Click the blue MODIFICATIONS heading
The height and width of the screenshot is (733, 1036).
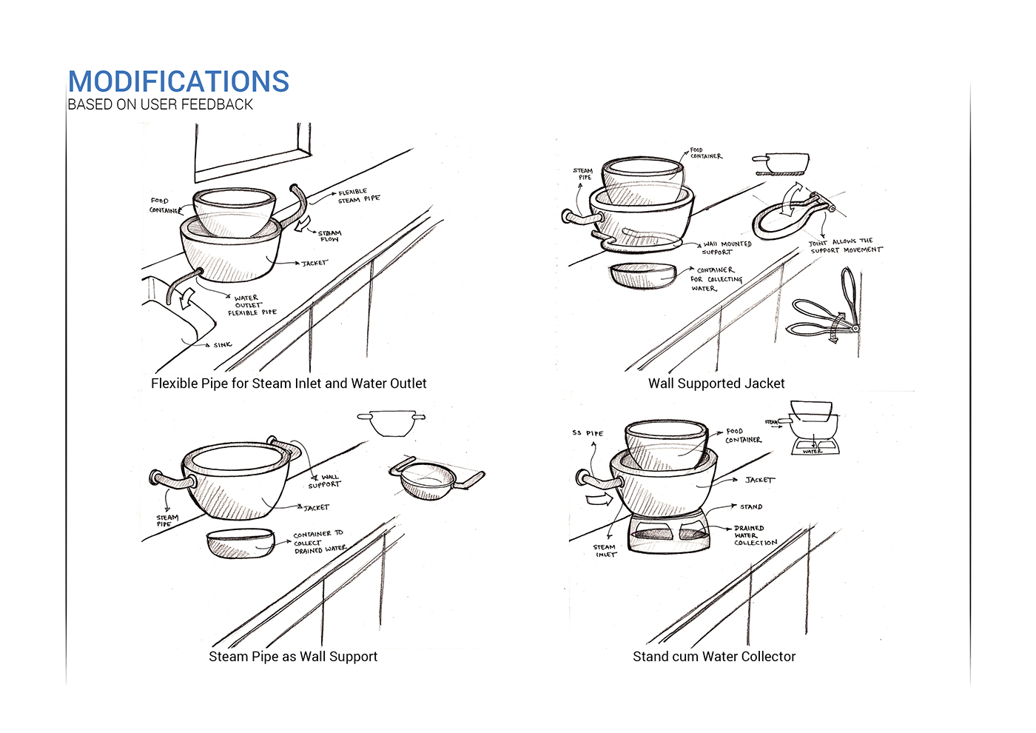coord(178,81)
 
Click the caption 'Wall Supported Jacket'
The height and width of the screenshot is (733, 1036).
coord(716,384)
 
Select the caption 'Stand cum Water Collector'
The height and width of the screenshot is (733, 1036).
coord(714,657)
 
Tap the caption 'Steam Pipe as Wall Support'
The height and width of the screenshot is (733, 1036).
coord(293,657)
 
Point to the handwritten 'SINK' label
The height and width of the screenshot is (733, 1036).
coord(222,345)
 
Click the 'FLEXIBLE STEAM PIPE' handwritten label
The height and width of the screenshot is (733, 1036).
coord(359,195)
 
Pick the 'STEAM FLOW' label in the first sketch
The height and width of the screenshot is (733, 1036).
coord(329,236)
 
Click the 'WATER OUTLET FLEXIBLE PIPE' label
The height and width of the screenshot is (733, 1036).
coord(252,305)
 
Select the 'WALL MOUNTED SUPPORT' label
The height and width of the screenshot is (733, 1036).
coord(726,248)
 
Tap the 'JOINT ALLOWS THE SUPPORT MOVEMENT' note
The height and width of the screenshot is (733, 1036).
coord(845,246)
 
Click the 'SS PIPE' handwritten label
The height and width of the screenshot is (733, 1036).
coord(588,433)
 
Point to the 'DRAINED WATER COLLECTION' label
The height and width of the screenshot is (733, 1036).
coord(755,535)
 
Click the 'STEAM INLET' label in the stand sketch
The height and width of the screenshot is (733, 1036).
coord(605,550)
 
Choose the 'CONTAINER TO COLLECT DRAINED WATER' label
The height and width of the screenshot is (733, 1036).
coord(319,542)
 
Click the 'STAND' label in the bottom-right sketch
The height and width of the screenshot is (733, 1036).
coord(750,507)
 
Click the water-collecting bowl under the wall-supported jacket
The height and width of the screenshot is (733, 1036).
coord(643,275)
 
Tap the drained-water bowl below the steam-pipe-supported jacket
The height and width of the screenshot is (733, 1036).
coord(240,543)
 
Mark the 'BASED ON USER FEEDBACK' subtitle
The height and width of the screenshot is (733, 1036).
coord(160,104)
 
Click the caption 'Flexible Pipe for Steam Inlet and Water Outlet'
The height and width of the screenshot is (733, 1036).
coord(289,384)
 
